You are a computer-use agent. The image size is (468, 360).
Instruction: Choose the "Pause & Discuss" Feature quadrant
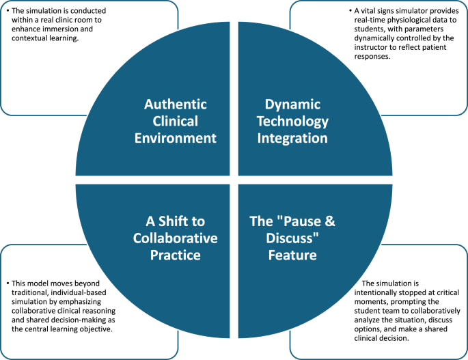point(294,239)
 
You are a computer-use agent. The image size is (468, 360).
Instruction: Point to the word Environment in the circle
point(176,137)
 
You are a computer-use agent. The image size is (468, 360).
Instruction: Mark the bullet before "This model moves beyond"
point(7,281)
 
